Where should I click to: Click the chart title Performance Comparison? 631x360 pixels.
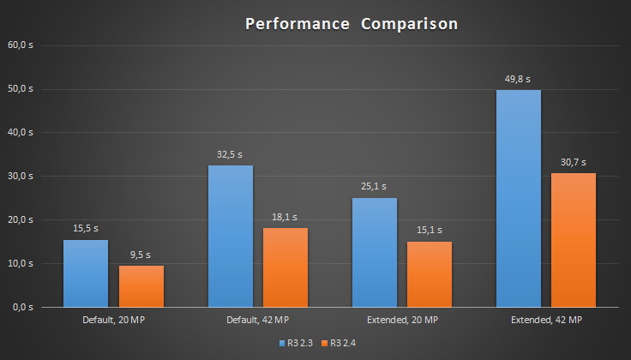click(352, 24)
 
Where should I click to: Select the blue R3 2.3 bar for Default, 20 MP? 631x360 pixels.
click(86, 273)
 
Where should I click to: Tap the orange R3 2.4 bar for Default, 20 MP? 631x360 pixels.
click(141, 285)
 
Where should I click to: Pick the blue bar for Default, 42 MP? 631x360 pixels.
click(231, 236)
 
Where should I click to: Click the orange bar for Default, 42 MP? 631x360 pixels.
click(285, 267)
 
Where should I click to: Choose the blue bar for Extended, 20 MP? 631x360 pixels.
click(375, 252)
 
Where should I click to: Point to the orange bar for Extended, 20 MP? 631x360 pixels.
click(430, 273)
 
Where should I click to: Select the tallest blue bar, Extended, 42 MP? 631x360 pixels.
click(519, 198)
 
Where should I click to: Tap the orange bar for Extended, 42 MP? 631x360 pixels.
click(574, 239)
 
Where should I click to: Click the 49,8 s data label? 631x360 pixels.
click(519, 80)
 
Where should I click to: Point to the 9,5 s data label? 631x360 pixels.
click(141, 255)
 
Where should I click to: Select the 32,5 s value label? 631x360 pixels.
click(231, 155)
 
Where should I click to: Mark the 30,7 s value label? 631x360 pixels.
click(574, 163)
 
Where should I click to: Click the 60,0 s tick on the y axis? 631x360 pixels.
click(20, 45)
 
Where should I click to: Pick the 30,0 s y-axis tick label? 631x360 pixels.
click(20, 176)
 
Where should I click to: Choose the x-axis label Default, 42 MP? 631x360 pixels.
click(258, 320)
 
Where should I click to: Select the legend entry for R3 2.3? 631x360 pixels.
click(297, 343)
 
